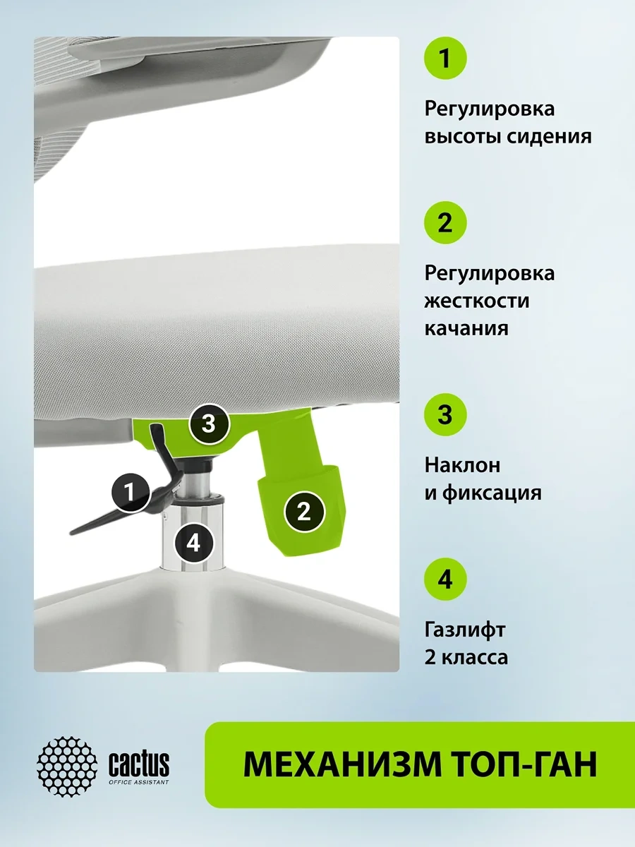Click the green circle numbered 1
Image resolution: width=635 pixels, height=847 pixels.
point(445,59)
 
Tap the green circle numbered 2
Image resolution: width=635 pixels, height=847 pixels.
point(445,222)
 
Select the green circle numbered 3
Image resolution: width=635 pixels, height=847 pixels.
point(445,415)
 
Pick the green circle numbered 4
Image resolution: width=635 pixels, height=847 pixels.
point(445,579)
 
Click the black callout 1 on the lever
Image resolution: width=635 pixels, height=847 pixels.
point(131,493)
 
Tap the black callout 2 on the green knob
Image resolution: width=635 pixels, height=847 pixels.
point(304,512)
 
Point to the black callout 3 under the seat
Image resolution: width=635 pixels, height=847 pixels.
point(209,423)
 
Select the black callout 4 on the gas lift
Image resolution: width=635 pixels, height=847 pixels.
point(193,543)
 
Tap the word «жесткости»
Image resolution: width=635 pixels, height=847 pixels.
point(477,301)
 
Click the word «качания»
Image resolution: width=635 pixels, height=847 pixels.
point(466,329)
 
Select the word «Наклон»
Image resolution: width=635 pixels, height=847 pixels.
point(462,465)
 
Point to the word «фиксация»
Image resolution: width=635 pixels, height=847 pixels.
point(492,493)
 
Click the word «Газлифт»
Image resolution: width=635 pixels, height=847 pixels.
point(464,630)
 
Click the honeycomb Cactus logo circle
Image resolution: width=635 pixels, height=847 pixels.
point(67,766)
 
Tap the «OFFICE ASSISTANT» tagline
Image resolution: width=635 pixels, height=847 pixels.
point(139,782)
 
